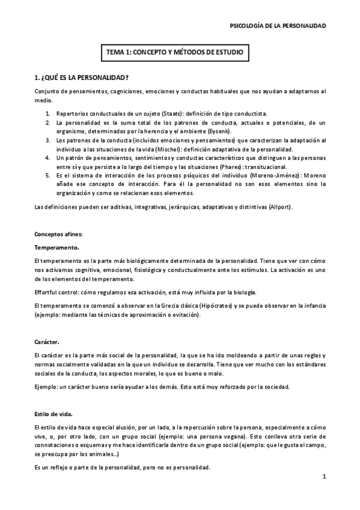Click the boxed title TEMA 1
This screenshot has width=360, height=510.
click(x=174, y=53)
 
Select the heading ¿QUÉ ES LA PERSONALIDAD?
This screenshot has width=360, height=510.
click(x=82, y=79)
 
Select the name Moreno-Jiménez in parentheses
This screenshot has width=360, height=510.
click(x=279, y=175)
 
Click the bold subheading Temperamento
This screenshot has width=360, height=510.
click(x=56, y=247)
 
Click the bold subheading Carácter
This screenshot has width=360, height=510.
click(x=47, y=342)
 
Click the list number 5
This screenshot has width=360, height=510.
click(x=48, y=176)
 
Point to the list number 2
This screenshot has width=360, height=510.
click(x=48, y=123)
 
